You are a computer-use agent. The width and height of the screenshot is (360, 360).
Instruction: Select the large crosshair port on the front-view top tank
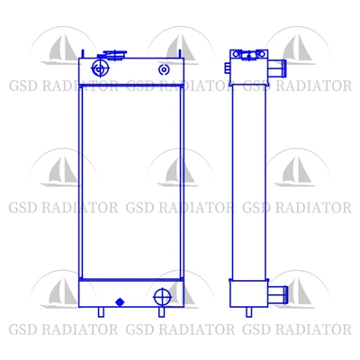point(100,68)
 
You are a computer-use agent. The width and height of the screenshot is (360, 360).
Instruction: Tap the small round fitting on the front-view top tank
point(164,69)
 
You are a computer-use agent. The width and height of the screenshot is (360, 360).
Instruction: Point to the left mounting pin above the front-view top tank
point(83,54)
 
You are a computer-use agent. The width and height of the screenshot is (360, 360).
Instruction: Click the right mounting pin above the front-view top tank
point(180,54)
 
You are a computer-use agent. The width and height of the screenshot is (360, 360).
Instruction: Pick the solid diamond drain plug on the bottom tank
point(120,301)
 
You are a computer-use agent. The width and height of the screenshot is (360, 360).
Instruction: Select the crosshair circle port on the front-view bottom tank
point(162,297)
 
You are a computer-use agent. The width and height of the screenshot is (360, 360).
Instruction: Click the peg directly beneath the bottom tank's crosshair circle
point(161,311)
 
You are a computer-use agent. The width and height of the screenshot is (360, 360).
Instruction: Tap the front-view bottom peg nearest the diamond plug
point(102,311)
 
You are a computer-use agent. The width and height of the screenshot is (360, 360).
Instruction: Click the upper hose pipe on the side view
point(277,67)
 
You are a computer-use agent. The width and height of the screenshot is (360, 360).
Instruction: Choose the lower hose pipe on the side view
point(278,294)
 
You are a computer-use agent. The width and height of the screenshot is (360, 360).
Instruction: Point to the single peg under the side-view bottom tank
point(248,311)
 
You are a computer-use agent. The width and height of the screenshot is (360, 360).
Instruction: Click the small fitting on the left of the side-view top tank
point(227,67)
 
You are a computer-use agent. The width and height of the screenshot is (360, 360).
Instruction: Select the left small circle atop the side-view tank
point(236,54)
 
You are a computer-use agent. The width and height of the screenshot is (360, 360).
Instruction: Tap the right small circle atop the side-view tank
point(261,54)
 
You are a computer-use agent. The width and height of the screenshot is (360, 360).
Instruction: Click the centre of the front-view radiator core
point(131,183)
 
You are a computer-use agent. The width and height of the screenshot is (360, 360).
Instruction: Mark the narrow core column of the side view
point(248,183)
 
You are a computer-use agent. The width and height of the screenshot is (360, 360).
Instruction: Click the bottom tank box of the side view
point(248,293)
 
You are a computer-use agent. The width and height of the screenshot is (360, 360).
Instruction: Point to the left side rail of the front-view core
point(81,183)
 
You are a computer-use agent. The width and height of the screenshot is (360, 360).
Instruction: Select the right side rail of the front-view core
point(182,183)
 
